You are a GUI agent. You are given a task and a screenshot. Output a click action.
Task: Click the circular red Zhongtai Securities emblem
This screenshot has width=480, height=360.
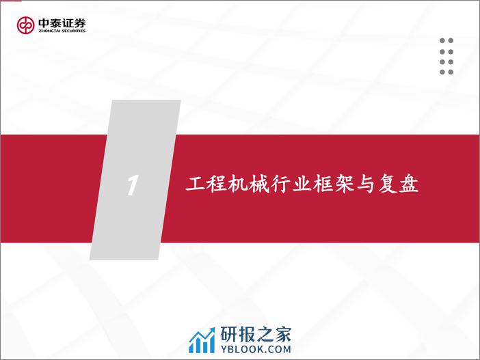[25, 25]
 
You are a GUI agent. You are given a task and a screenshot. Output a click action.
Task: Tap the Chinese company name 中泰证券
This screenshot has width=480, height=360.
[62, 23]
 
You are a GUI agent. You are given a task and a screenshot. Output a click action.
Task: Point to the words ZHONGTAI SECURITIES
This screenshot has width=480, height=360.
[62, 31]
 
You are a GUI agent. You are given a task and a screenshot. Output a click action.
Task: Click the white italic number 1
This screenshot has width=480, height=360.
[133, 185]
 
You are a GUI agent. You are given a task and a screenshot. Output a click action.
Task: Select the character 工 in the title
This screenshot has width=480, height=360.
[195, 184]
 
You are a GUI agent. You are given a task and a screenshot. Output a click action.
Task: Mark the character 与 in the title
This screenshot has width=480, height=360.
[366, 184]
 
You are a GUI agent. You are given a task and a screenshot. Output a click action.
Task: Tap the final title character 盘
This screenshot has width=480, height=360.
[409, 184]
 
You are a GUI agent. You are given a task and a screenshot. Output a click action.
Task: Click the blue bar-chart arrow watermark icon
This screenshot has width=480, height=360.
[202, 340]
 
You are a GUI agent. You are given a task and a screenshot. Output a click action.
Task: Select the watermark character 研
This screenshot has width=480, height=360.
[229, 334]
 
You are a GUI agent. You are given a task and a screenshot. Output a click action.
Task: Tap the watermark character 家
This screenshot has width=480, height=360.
[282, 334]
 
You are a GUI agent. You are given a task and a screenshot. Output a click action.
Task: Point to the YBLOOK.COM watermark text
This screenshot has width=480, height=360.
[256, 349]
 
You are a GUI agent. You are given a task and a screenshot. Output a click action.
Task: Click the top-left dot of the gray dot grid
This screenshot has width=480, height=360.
[442, 41]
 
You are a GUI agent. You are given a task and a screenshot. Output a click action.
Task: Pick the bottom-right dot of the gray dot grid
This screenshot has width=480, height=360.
[451, 72]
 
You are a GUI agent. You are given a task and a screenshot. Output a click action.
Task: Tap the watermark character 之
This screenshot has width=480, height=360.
[265, 334]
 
